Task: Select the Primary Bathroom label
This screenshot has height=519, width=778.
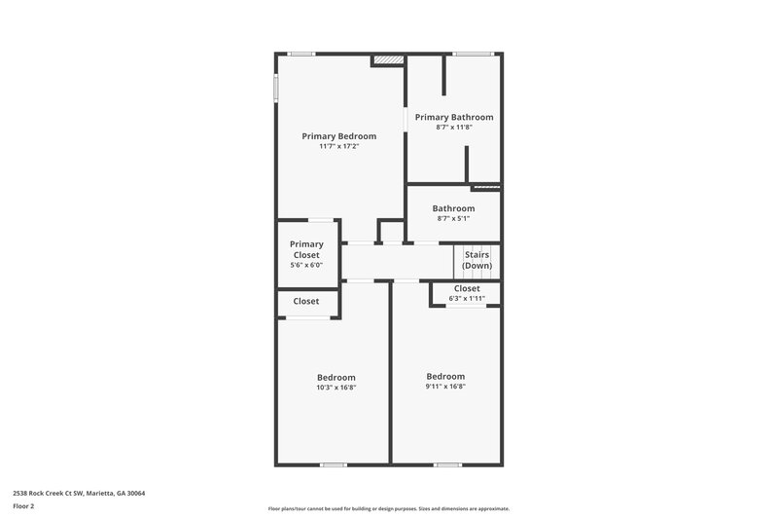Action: (453, 117)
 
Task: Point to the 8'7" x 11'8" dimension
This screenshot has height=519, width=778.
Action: (453, 127)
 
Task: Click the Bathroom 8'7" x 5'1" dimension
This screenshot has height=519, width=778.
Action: (453, 219)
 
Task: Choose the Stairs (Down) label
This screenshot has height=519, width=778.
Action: (477, 260)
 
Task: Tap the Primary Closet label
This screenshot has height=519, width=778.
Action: (306, 250)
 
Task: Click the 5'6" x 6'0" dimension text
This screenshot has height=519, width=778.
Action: (306, 265)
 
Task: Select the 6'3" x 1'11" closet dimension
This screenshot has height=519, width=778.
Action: (466, 298)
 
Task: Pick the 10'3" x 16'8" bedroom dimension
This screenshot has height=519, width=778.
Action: (336, 387)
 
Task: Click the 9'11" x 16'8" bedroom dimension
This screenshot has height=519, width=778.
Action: (445, 386)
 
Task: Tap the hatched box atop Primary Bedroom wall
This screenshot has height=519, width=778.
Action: (387, 60)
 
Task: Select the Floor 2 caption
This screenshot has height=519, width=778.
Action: (23, 506)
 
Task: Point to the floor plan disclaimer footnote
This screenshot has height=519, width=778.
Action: (388, 508)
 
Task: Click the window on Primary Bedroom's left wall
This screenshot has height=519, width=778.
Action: (275, 87)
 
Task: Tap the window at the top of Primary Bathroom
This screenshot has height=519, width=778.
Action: (474, 54)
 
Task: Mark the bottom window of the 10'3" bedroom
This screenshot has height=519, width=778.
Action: (334, 463)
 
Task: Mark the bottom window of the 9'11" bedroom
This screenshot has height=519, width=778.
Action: (446, 463)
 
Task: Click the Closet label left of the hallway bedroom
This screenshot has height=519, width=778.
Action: (306, 301)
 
